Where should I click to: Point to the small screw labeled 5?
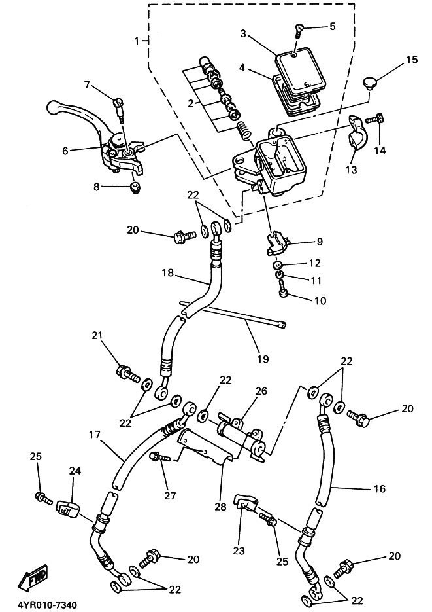click(299, 30)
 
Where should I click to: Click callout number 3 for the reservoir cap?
click(244, 33)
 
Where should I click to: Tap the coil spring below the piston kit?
click(244, 131)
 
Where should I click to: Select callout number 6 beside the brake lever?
click(65, 151)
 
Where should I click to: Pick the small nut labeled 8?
click(135, 188)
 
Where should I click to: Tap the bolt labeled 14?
click(374, 118)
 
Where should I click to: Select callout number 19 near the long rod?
click(263, 358)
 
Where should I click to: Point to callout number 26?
click(261, 391)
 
